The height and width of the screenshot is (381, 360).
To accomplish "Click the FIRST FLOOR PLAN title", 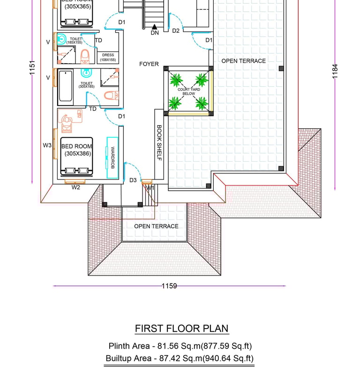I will click(x=182, y=329).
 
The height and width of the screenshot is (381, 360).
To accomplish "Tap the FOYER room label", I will click(x=149, y=64).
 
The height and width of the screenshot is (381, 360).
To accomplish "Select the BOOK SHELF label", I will click(x=159, y=143).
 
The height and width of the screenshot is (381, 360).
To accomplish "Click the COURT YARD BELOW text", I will click(x=189, y=91).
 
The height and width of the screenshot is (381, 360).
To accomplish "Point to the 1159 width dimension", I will click(x=169, y=286).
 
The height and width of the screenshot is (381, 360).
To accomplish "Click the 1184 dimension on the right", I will click(x=335, y=71).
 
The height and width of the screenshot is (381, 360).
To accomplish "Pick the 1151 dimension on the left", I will click(x=32, y=67).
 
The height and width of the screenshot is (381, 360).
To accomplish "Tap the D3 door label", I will click(x=133, y=180).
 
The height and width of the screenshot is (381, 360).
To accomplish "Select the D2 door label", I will click(x=176, y=31).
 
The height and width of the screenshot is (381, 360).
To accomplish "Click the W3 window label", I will click(x=47, y=146).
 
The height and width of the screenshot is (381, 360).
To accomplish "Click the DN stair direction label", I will click(x=155, y=33).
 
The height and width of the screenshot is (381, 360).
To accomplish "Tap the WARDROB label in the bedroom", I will click(x=112, y=158).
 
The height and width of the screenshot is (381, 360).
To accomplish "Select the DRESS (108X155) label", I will click(x=108, y=58).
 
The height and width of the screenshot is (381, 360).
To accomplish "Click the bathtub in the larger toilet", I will click(x=65, y=88).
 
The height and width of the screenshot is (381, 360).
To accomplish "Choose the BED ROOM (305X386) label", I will click(x=76, y=150).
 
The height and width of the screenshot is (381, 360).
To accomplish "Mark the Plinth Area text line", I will click(x=180, y=346).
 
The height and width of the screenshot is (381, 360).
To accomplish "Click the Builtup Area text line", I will click(x=180, y=359).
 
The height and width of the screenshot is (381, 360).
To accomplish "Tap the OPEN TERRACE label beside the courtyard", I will click(x=243, y=61).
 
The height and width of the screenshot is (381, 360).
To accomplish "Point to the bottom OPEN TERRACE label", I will click(x=156, y=226).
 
